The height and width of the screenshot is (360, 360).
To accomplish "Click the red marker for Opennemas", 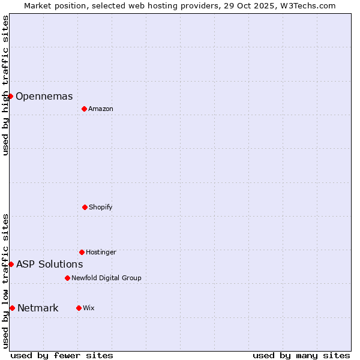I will (x=10, y=96).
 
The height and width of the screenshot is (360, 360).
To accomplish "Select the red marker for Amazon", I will (x=84, y=109).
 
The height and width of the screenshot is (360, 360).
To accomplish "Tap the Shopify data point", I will (x=85, y=207).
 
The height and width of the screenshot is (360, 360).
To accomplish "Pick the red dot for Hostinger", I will (x=82, y=252).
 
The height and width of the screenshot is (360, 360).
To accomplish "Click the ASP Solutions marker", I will (x=11, y=264).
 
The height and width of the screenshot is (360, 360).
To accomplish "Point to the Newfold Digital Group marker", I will (x=67, y=278).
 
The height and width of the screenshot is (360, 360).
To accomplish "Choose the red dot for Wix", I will (x=79, y=308).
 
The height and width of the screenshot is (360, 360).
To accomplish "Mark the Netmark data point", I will (x=12, y=308).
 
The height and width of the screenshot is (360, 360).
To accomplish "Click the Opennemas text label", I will (x=44, y=97).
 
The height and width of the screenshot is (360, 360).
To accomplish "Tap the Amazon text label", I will (x=101, y=109).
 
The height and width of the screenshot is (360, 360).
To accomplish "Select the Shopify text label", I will (x=101, y=208).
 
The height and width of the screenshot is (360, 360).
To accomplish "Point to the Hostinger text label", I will (x=101, y=253).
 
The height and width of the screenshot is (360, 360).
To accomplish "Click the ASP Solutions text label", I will (x=50, y=265).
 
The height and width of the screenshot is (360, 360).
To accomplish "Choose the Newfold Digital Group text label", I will (x=106, y=278).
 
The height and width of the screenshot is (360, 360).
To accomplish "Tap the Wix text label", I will (x=89, y=308).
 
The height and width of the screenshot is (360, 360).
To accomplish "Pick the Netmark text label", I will (x=38, y=308).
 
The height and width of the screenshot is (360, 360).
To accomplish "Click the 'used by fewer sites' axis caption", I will (x=62, y=356).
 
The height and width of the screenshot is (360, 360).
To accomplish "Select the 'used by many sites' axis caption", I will (x=301, y=356).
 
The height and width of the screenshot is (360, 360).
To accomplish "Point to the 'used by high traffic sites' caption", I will (x=5, y=85).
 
